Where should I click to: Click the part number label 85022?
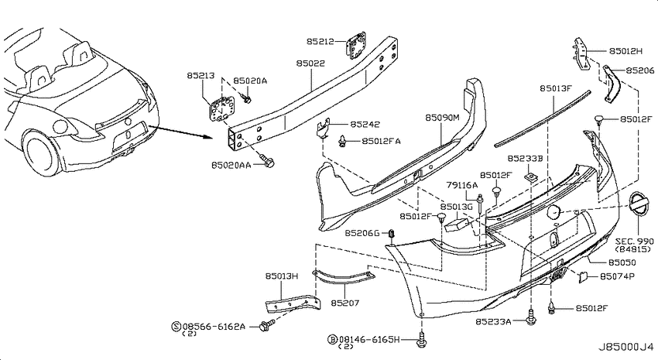(310, 63)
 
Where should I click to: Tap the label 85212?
(320, 41)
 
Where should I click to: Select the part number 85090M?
(442, 118)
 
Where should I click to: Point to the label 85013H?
(282, 276)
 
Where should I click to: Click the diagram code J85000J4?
(625, 347)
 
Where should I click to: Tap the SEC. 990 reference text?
(634, 242)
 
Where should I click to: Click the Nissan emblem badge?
(639, 204)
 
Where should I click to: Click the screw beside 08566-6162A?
(266, 325)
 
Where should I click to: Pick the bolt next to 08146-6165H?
(421, 339)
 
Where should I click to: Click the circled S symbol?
(176, 326)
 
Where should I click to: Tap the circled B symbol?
(332, 339)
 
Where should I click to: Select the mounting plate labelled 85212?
(357, 45)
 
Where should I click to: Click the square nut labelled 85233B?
(531, 177)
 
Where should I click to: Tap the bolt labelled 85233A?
(531, 318)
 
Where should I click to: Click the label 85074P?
(617, 276)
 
